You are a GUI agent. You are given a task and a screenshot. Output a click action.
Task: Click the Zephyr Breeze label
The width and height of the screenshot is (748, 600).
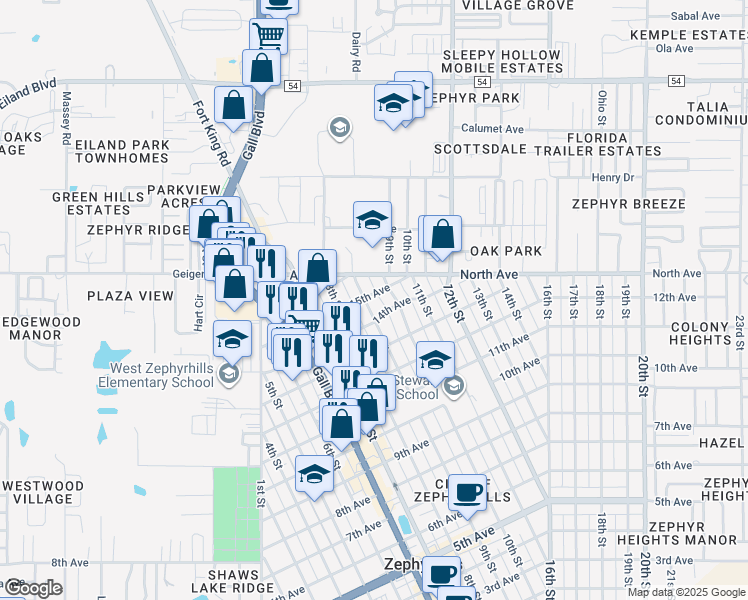[629, 203]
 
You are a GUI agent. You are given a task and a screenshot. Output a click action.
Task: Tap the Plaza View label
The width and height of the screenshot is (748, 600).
[130, 296]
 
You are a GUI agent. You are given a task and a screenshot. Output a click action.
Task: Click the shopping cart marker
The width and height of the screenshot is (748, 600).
[268, 35]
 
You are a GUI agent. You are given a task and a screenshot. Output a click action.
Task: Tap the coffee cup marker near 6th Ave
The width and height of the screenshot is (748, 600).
[467, 492]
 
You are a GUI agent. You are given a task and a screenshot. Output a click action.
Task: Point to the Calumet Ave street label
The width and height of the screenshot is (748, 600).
[492, 129]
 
